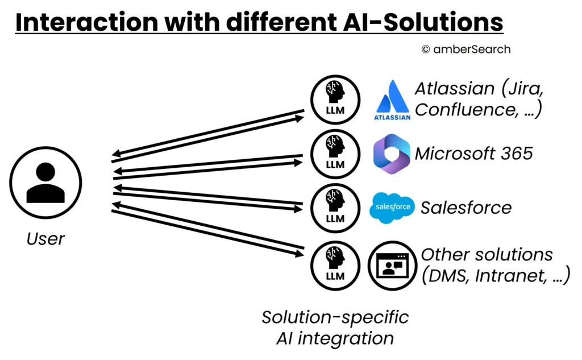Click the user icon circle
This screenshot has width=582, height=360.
click(45, 183)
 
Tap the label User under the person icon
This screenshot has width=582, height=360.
click(45, 238)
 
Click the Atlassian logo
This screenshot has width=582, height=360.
click(392, 101)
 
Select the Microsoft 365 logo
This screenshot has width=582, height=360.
click(392, 153)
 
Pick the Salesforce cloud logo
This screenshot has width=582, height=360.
click(392, 208)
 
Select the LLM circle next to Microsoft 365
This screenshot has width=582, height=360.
click(335, 154)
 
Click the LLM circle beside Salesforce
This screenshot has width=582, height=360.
click(335, 208)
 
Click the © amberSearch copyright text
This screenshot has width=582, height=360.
click(465, 49)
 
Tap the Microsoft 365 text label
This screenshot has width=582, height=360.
click(473, 154)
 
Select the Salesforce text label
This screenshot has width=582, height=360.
click(465, 208)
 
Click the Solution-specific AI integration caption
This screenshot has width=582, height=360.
click(335, 328)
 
